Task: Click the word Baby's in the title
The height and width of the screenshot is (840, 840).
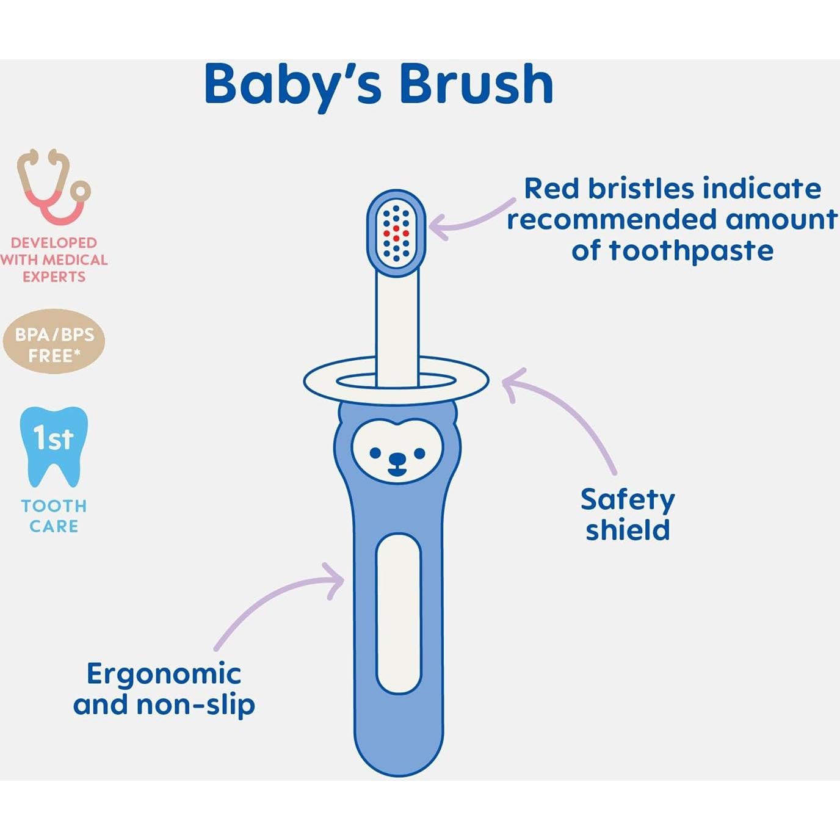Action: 293,85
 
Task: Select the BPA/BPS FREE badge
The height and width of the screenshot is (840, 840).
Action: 54,342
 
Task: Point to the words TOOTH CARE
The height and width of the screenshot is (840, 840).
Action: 54,516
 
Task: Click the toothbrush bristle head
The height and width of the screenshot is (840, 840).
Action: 396,233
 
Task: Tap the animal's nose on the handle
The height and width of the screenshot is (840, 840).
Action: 397,459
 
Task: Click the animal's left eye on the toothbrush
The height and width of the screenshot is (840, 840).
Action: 375,453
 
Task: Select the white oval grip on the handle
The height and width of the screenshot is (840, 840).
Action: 399,614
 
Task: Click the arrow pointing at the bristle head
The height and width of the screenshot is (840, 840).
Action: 470,220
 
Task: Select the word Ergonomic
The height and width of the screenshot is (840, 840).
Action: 164,674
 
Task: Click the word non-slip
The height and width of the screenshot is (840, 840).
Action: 195,705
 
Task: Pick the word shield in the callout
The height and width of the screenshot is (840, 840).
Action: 628,530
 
